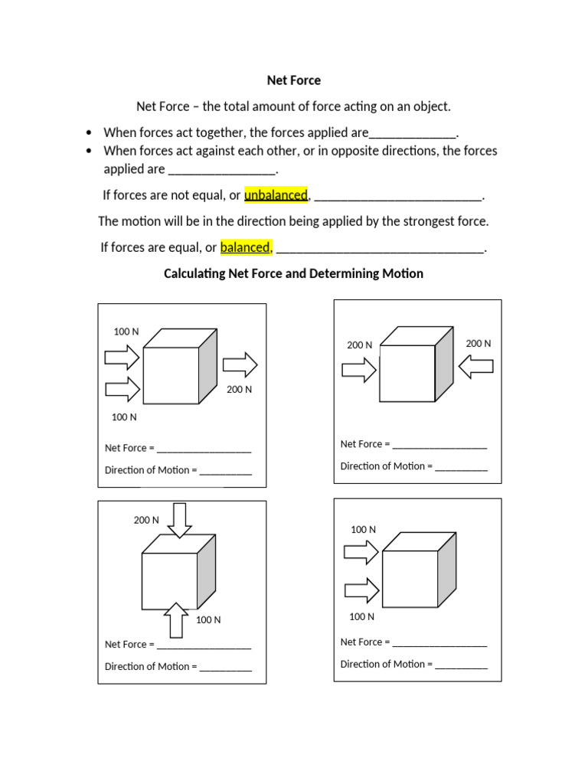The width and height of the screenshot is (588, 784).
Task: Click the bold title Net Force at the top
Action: [x=293, y=80]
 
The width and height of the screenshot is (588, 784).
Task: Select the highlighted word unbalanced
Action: [x=276, y=195]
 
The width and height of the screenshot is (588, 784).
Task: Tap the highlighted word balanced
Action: [x=245, y=247]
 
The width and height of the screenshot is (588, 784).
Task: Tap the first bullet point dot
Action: [x=90, y=132]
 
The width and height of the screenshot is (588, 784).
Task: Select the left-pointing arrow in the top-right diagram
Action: [x=475, y=368]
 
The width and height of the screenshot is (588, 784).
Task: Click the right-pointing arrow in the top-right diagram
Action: [x=358, y=371]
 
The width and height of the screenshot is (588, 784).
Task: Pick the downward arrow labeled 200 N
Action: [x=179, y=521]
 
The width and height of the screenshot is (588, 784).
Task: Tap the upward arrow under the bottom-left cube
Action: [x=176, y=619]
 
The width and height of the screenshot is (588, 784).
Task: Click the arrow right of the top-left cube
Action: [x=240, y=365]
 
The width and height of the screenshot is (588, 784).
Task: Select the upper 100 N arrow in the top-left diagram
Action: [x=122, y=357]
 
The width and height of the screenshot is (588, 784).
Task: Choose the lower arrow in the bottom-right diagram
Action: [x=361, y=590]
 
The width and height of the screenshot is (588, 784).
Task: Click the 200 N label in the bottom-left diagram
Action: [x=146, y=521]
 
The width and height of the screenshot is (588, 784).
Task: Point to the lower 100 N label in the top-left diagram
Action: [x=124, y=417]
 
